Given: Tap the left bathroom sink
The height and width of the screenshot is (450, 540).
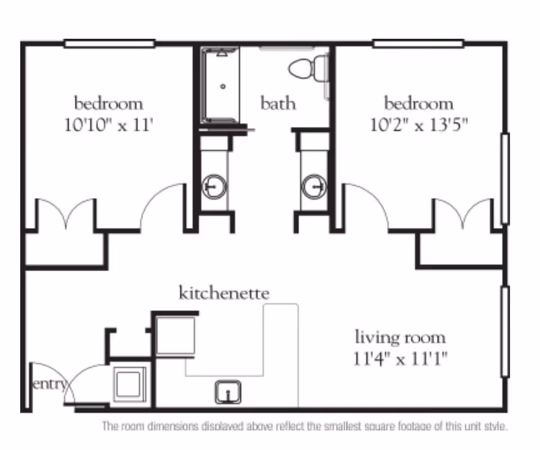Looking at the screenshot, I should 214,186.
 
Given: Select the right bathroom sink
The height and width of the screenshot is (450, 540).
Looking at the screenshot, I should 313,186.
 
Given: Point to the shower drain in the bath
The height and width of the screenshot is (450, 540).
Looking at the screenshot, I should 223,86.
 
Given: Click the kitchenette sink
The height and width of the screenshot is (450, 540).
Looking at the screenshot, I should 228,392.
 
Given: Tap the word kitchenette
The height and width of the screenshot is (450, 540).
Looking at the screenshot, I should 224,293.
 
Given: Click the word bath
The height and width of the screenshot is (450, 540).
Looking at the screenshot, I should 278,103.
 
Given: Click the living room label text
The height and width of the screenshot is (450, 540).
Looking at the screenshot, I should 400,337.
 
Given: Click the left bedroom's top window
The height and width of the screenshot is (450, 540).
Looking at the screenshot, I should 109,43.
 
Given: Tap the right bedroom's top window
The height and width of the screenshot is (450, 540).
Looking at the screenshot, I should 418,43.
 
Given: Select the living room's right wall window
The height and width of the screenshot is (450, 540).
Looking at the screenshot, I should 505,331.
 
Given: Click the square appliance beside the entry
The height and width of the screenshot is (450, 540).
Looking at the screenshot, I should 130,384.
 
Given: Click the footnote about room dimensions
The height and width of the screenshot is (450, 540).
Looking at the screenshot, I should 304,426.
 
